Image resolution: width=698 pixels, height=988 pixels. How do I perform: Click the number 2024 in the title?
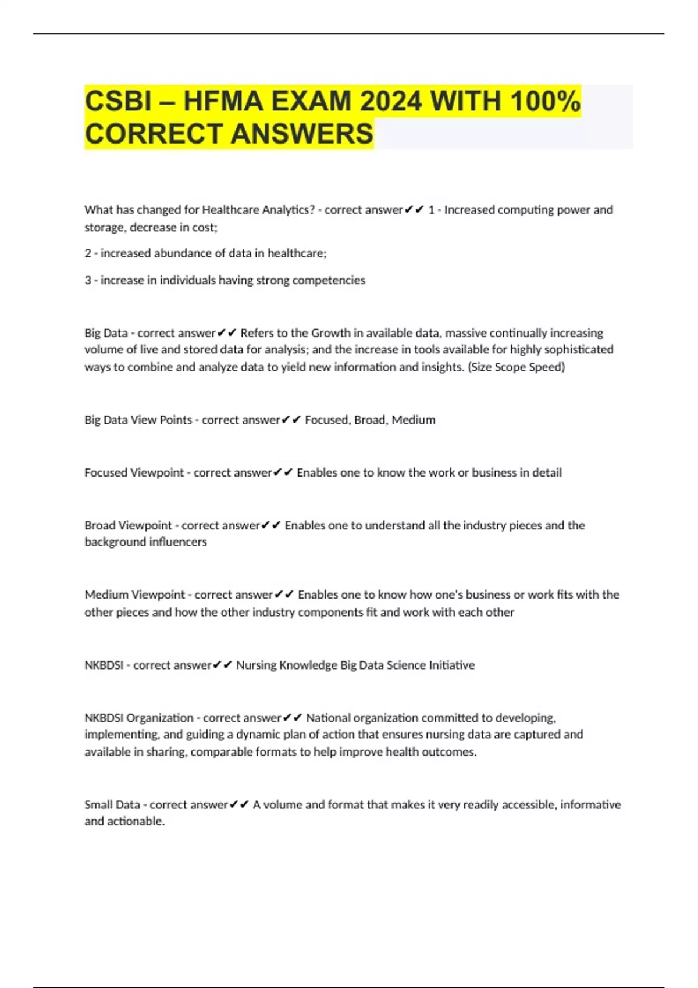(x=390, y=101)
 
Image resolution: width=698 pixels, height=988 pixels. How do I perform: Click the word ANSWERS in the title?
(x=302, y=134)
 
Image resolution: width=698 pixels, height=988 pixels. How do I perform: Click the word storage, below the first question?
(x=105, y=227)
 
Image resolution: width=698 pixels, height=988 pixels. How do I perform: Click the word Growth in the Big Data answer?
(x=330, y=333)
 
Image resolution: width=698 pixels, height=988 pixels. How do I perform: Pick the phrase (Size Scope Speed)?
(x=517, y=367)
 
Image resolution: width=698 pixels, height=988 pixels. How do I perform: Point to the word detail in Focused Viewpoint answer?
(x=547, y=472)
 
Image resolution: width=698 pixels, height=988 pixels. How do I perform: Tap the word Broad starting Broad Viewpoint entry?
(x=100, y=525)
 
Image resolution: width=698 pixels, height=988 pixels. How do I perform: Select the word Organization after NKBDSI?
(x=160, y=718)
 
